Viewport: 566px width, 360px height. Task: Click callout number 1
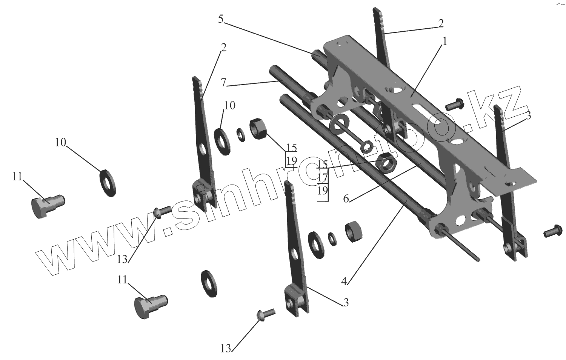(444, 42)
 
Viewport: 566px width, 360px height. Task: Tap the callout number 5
(221, 19)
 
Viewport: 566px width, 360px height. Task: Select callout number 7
(224, 83)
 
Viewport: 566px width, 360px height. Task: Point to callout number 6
(346, 199)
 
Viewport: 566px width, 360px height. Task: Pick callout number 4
(344, 281)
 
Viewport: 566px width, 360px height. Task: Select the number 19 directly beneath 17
(322, 190)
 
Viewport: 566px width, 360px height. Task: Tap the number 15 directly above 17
(322, 164)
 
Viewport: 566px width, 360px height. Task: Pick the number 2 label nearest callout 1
(440, 23)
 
